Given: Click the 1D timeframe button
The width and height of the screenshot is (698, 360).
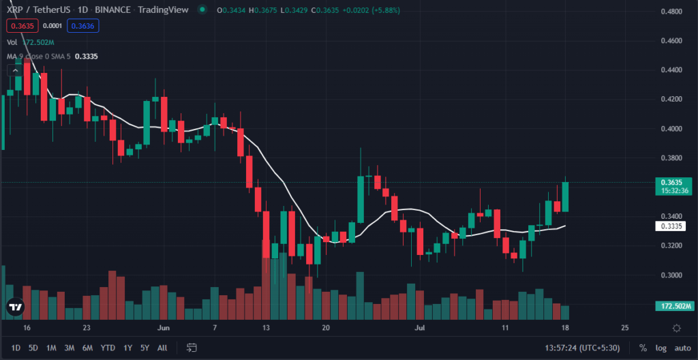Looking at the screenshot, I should coord(16,348).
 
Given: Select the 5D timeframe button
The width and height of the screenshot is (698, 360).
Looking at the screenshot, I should coord(33,348).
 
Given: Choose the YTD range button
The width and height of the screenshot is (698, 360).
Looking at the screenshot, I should coord(108,348).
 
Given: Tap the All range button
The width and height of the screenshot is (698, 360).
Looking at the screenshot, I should coord(162,348).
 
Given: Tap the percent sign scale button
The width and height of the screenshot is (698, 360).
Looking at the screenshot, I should coord(643,348).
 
